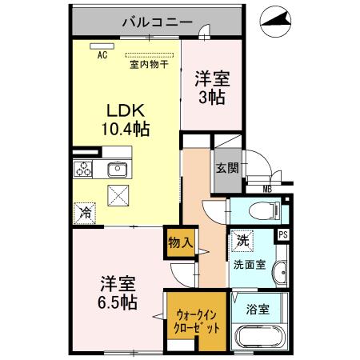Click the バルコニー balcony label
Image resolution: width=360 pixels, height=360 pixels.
156,22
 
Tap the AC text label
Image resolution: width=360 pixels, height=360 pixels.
102,55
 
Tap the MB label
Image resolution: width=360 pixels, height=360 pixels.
266,189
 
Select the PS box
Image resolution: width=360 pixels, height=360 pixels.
282,234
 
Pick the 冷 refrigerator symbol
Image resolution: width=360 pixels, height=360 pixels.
84,214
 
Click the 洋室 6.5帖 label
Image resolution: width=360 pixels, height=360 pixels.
118,293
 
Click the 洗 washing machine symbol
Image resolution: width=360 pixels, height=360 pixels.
242,240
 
